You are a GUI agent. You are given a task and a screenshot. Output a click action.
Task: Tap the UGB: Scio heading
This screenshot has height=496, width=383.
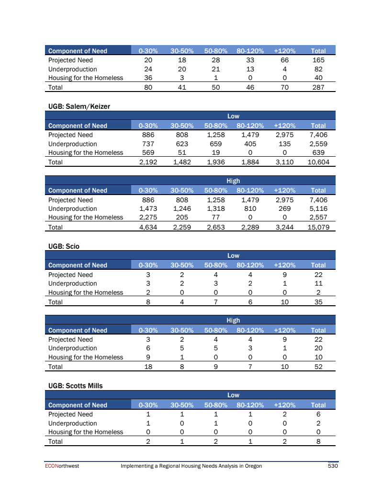(64, 246)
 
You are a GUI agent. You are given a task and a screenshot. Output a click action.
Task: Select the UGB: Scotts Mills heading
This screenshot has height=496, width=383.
(76, 385)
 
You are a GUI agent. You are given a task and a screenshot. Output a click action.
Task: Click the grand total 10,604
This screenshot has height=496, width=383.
(318, 162)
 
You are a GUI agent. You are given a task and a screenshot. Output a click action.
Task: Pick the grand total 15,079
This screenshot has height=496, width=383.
(318, 227)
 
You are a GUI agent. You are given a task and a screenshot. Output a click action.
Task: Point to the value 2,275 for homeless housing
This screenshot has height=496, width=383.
(148, 217)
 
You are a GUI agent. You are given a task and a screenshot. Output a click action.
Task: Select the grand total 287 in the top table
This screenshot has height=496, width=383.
(318, 87)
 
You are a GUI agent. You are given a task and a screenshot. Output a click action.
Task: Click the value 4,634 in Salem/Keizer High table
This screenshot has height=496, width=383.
(148, 227)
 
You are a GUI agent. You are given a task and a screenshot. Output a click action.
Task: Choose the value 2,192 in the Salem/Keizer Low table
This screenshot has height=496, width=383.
(148, 162)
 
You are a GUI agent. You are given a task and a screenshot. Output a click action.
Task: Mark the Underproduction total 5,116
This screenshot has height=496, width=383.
(318, 208)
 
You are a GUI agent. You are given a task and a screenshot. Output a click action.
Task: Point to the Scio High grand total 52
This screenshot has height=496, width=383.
(318, 367)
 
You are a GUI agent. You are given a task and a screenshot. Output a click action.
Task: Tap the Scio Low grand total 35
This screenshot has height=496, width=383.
(318, 302)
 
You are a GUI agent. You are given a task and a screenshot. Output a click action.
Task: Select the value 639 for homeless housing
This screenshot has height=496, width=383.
(318, 152)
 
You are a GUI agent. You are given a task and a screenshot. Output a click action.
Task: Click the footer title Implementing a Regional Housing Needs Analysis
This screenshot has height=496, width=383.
(191, 466)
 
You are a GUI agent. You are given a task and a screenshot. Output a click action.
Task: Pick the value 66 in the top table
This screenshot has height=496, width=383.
(284, 60)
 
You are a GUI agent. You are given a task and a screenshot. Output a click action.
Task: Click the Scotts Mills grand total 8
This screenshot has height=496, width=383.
(318, 441)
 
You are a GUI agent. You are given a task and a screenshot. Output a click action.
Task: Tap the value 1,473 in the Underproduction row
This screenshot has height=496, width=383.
(148, 208)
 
